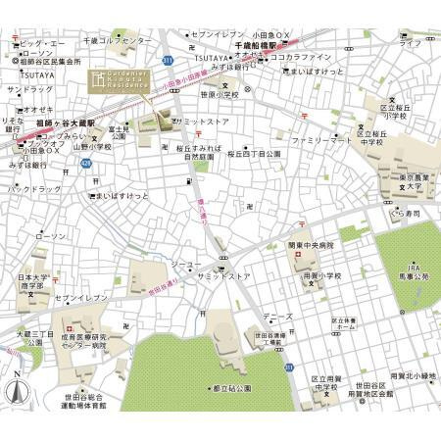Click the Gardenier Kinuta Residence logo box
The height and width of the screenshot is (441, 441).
click(116, 79)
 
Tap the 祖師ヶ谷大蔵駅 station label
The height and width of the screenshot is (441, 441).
click(60, 123)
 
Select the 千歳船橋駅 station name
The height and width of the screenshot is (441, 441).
click(258, 46)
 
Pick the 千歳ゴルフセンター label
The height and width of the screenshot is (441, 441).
click(118, 40)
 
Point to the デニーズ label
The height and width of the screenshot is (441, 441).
click(276, 317)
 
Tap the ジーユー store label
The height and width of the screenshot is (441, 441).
click(185, 265)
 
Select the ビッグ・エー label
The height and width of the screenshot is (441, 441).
click(42, 44)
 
